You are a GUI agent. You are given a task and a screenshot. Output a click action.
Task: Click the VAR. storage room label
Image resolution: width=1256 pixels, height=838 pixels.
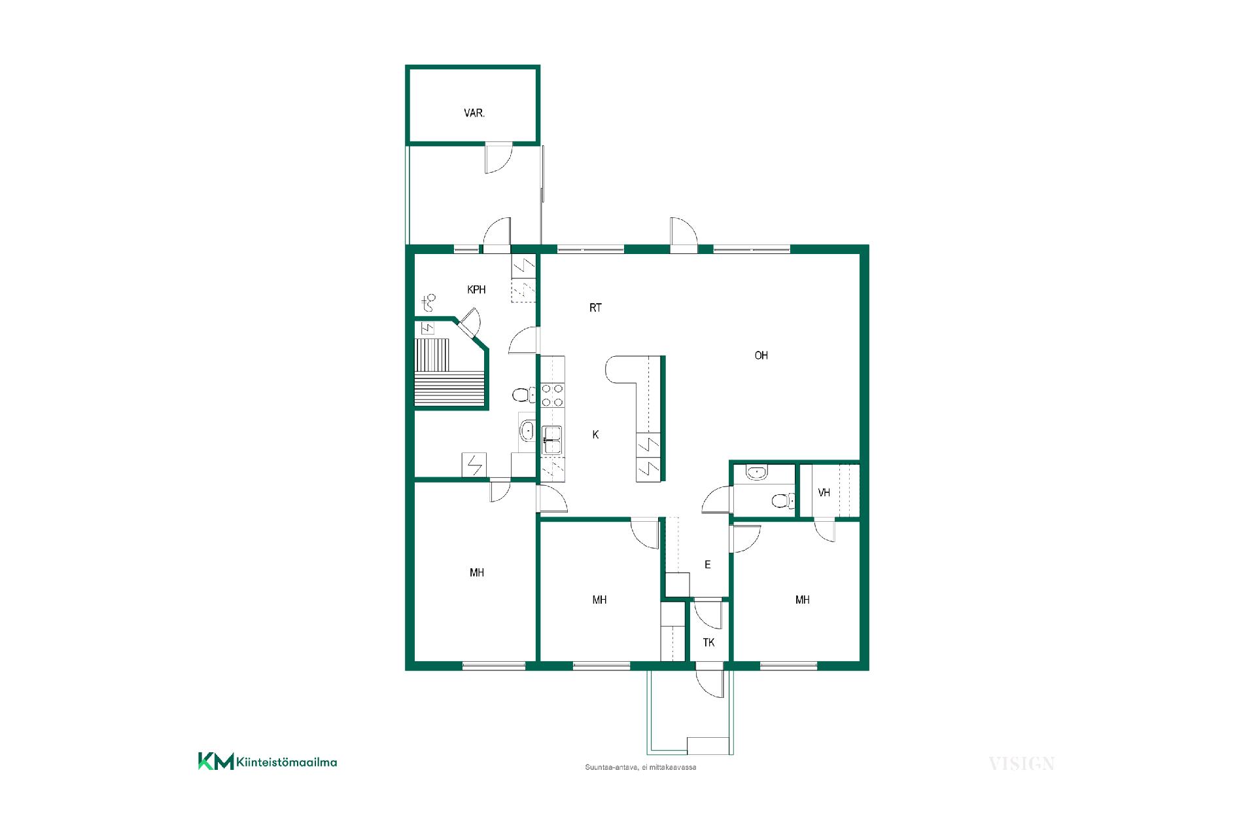point(474,113)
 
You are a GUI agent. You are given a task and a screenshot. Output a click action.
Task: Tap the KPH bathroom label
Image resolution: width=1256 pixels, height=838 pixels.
point(476,289)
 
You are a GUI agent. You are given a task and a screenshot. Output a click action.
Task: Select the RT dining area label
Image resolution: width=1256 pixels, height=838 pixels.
point(595,308)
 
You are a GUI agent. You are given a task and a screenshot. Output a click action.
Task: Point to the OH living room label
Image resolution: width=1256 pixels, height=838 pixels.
point(761,355)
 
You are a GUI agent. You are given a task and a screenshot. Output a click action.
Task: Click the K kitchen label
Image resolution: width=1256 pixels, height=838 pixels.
point(595,435)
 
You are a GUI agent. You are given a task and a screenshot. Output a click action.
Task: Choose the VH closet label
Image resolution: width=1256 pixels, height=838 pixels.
point(824,492)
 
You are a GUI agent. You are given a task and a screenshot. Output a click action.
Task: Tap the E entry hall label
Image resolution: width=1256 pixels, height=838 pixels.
point(707,565)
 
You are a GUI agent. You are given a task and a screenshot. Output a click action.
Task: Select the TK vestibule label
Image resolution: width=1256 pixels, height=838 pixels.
point(708,643)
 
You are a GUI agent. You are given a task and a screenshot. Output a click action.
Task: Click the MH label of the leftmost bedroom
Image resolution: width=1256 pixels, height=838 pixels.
point(477,573)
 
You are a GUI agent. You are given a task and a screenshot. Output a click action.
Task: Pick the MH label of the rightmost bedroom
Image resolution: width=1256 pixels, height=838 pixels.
point(803,600)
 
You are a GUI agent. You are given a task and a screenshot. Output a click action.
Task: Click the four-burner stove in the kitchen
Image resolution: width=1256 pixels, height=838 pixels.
point(553,395)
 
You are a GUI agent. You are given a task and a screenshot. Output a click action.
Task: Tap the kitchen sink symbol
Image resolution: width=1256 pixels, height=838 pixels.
point(552,440)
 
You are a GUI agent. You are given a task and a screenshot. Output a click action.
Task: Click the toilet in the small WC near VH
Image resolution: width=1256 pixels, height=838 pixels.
point(782,501)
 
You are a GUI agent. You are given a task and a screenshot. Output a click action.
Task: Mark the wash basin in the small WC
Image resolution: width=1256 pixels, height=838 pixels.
point(758,471)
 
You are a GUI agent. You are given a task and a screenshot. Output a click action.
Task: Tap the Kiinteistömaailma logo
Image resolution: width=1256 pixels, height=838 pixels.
point(268,761)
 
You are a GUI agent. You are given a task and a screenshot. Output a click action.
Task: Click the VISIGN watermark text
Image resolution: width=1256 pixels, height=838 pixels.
point(1022,763)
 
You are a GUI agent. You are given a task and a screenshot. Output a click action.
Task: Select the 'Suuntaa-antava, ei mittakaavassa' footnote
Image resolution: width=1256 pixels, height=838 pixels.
point(640,767)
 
